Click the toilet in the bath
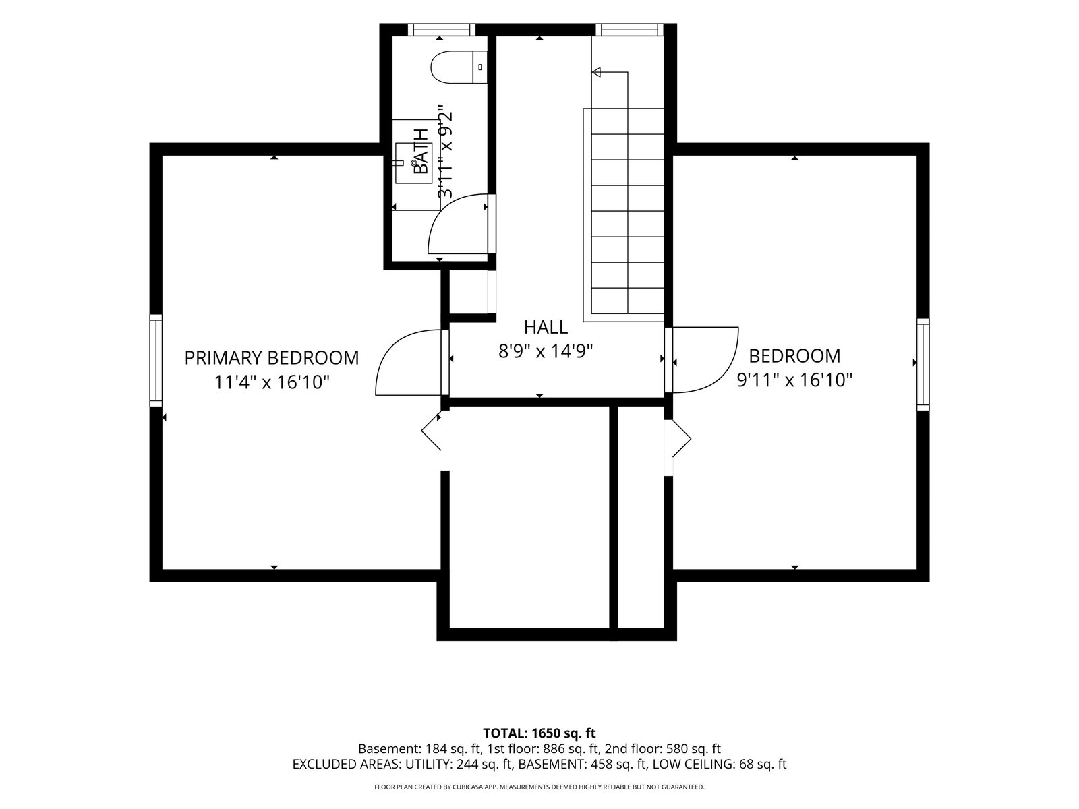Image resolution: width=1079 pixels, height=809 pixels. [459, 67]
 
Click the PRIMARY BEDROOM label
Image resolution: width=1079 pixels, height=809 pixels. [271, 357]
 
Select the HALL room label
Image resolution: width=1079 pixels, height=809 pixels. [546, 327]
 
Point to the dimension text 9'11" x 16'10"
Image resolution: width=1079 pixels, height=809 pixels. [794, 380]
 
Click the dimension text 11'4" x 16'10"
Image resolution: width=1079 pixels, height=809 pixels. [271, 382]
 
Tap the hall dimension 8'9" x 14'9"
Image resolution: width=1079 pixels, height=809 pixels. [546, 351]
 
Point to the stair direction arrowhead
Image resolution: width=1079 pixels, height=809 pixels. [596, 72]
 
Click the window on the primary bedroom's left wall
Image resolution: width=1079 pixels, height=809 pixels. [156, 361]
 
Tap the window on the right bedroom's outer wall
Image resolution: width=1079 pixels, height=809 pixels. [923, 364]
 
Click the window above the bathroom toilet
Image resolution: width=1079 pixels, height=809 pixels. [442, 30]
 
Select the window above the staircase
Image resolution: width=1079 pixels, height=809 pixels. [629, 30]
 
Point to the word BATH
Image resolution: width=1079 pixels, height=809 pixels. [421, 151]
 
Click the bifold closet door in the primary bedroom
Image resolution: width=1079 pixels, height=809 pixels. [432, 432]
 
